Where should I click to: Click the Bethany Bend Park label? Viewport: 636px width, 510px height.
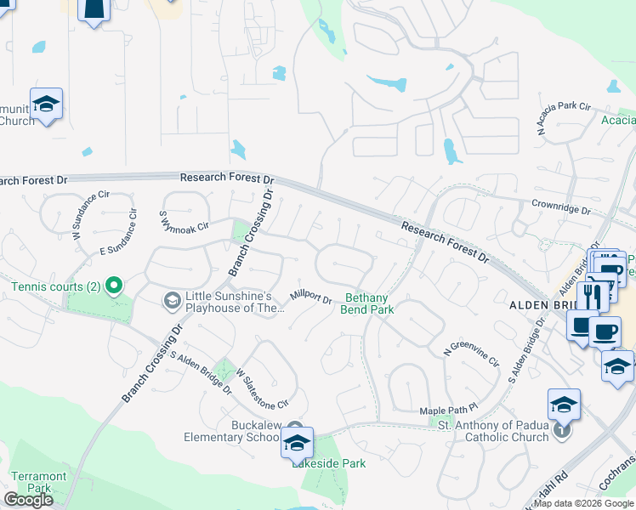367,303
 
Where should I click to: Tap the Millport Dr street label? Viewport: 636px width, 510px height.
309,297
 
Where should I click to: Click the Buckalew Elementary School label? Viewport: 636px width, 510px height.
231,431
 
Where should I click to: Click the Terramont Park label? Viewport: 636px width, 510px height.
31,482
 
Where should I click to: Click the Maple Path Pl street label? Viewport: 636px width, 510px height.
450,411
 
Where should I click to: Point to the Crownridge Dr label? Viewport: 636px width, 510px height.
561,207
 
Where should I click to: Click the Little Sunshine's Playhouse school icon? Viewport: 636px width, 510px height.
172,299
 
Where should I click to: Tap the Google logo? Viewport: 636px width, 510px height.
28,500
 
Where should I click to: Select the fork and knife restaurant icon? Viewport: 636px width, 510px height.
592,297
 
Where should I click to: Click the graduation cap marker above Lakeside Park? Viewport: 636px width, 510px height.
297,443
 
